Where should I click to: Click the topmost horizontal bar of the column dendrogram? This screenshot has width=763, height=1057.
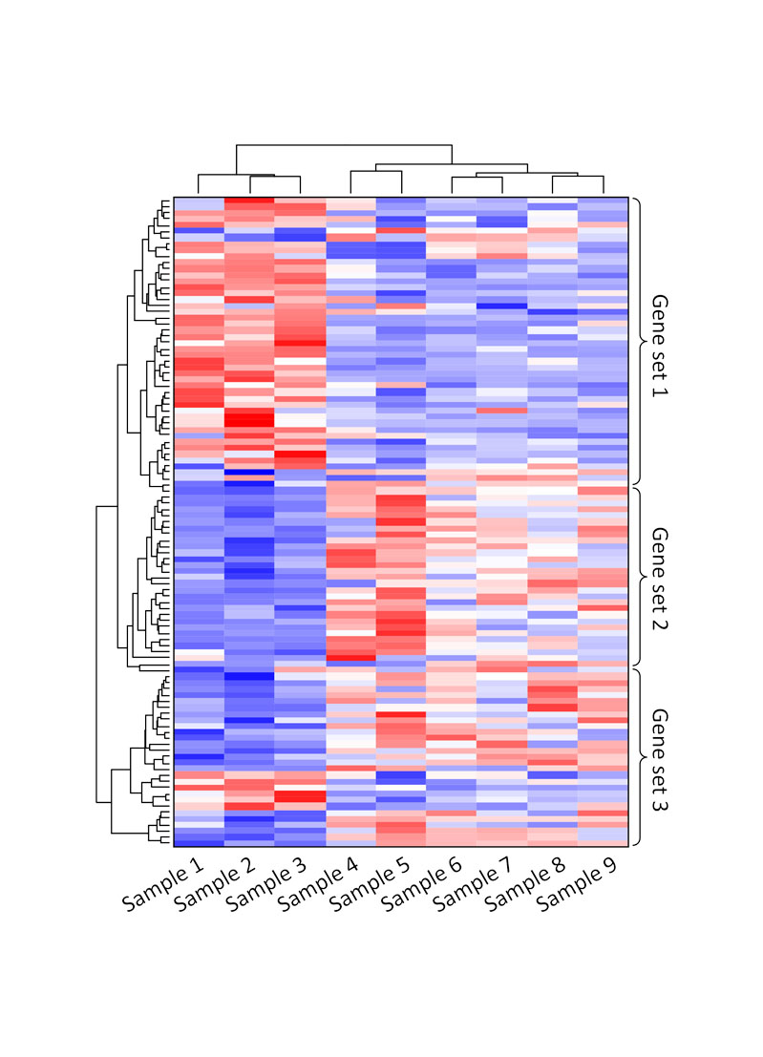(x=344, y=145)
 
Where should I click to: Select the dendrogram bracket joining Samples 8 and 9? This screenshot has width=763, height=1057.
(x=578, y=177)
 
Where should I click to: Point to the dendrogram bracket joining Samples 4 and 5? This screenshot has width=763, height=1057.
(x=376, y=171)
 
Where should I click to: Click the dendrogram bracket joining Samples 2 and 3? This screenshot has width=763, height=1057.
(x=275, y=177)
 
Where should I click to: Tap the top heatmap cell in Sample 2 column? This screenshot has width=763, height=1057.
(x=249, y=201)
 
